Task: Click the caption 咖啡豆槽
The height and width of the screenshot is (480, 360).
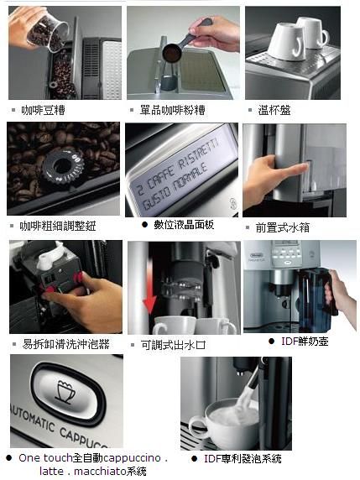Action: click(43, 110)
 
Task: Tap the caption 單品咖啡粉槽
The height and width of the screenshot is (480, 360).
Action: click(173, 110)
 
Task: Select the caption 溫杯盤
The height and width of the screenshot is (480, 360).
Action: click(274, 110)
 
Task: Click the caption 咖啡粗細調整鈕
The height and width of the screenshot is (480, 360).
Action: click(58, 227)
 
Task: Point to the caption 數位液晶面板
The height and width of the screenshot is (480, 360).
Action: click(184, 225)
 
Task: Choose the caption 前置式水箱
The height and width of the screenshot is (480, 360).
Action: click(283, 227)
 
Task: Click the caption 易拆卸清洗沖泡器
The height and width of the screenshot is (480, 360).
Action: click(65, 344)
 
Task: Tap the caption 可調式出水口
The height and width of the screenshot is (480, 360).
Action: click(173, 345)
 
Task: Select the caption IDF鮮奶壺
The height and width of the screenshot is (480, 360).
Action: click(305, 342)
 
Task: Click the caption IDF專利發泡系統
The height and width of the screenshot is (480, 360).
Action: click(243, 458)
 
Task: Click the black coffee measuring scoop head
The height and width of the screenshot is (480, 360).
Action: click(172, 53)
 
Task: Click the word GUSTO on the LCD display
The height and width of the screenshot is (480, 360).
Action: click(156, 197)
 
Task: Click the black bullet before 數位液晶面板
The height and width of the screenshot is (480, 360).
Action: click(145, 225)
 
